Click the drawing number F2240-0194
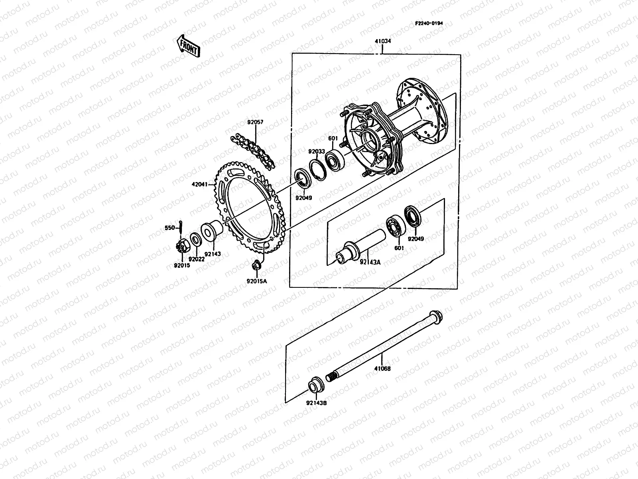[429, 23]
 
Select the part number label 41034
[382, 41]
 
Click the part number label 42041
[200, 184]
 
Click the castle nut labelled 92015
[181, 249]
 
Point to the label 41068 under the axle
[382, 369]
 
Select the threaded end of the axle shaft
[331, 376]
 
